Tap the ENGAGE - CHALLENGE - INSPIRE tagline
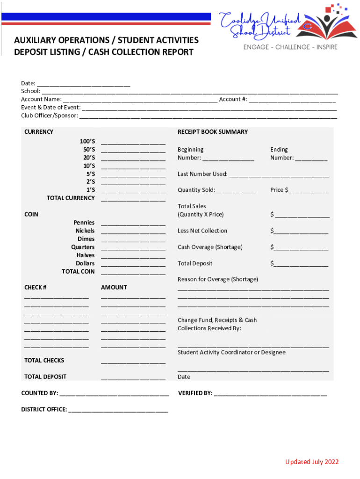click(x=290, y=47)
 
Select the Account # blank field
click(x=292, y=100)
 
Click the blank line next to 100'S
click(x=133, y=142)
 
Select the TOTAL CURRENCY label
click(x=71, y=198)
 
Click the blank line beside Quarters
click(x=133, y=247)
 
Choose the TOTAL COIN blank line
click(x=133, y=272)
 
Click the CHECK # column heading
click(x=35, y=287)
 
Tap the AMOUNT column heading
click(x=114, y=287)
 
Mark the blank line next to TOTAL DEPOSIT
click(x=133, y=377)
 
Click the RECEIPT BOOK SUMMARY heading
click(x=213, y=132)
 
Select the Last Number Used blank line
click(x=279, y=174)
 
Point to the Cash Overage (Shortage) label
click(x=210, y=247)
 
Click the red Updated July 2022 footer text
click(x=312, y=462)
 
